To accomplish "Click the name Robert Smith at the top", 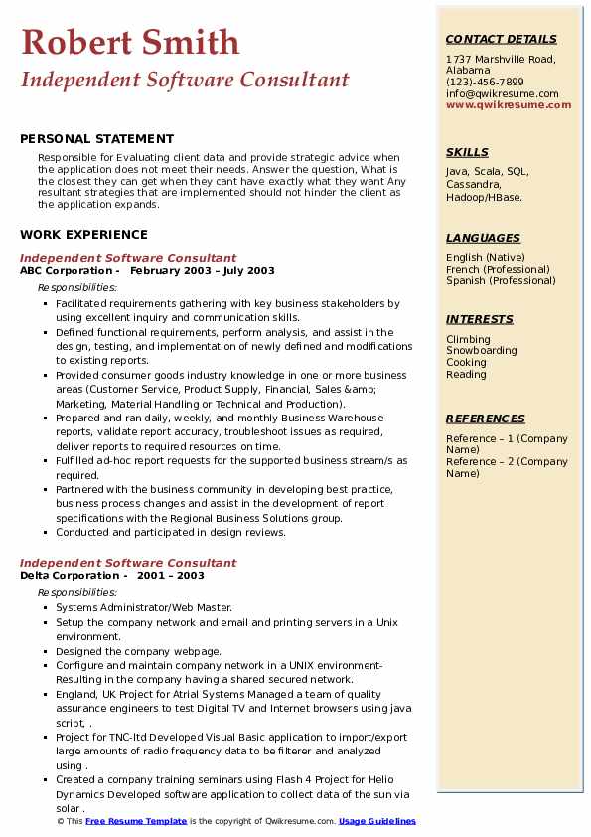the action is (x=130, y=42).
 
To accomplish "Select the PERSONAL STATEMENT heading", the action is (x=96, y=139).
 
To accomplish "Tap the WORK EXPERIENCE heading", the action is (x=83, y=235).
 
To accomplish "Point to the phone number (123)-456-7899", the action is (x=485, y=83).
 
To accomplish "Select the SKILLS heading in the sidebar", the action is (x=467, y=152).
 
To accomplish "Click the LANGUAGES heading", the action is (x=483, y=238).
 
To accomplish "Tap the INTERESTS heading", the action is (x=480, y=319).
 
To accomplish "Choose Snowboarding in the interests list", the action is (x=482, y=351).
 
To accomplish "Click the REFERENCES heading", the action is (x=486, y=418).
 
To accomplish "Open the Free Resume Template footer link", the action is (x=136, y=822).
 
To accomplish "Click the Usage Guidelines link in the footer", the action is (x=376, y=822).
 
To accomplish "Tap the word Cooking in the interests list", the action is (x=467, y=363).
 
